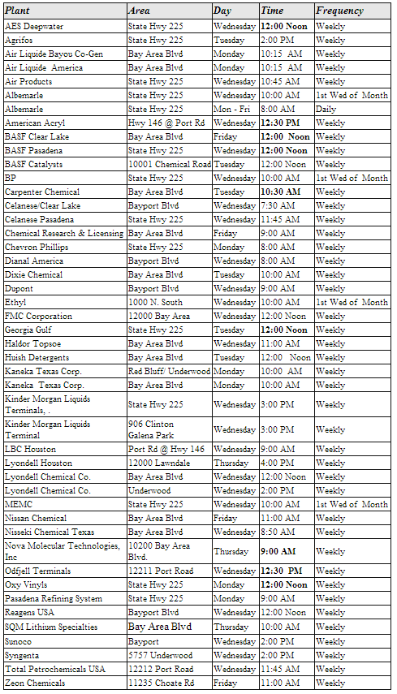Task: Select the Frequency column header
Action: tap(339, 11)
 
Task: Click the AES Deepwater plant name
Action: tap(34, 26)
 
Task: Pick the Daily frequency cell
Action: tap(326, 109)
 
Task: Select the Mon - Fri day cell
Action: tap(230, 109)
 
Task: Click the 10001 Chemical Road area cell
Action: tap(169, 164)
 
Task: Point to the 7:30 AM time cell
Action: tap(278, 205)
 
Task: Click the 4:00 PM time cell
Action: tap(278, 463)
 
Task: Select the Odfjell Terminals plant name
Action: tap(37, 571)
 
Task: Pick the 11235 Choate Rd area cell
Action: tap(161, 683)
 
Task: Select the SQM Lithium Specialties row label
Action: tap(50, 627)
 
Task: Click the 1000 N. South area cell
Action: tap(155, 302)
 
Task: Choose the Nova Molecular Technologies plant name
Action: tap(63, 551)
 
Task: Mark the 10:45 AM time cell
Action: tap(281, 81)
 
